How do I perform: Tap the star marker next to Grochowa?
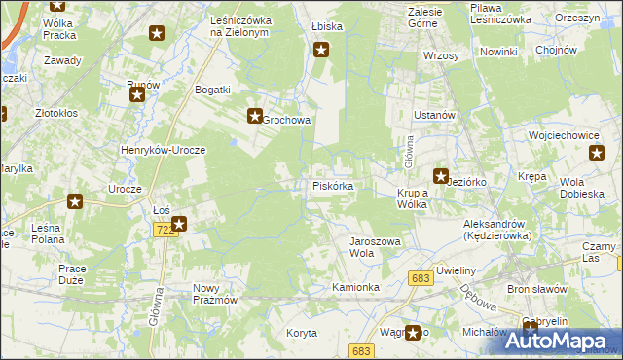254,114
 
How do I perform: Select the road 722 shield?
164,229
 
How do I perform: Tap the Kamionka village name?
355,288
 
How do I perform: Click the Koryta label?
302,333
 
